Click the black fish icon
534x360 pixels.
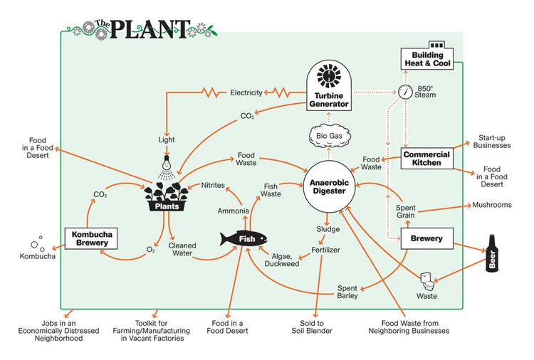(x=242, y=238)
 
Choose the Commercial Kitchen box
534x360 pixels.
(x=426, y=158)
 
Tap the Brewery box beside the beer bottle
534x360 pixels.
(x=426, y=240)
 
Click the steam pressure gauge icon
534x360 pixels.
(x=405, y=92)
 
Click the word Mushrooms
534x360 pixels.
(x=492, y=205)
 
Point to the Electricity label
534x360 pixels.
(x=247, y=92)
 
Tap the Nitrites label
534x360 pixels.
(x=214, y=185)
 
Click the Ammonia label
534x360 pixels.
(x=234, y=211)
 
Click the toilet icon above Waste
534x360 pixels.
(x=427, y=279)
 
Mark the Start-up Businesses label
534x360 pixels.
(x=492, y=140)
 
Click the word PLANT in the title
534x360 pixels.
(x=149, y=29)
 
